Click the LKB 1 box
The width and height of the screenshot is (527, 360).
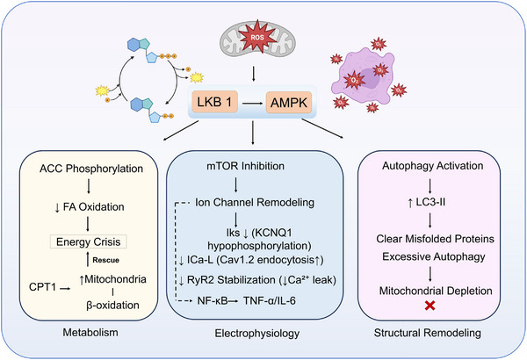(215, 102)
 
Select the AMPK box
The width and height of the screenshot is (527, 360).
(289, 103)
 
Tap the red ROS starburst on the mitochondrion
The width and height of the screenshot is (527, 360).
(257, 37)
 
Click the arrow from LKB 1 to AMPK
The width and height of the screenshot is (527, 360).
(252, 104)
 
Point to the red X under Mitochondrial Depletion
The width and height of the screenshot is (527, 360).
(430, 306)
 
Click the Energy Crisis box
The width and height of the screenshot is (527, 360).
(88, 241)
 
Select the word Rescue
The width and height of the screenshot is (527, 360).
(106, 260)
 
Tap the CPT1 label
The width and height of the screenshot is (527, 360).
(42, 287)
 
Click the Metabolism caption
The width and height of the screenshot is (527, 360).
(90, 333)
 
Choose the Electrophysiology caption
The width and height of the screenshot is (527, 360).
(257, 334)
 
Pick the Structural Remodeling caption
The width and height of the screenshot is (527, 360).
(428, 333)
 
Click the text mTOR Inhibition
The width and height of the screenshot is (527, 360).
(245, 166)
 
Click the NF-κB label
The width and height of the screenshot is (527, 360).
(213, 300)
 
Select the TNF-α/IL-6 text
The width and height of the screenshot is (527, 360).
(270, 300)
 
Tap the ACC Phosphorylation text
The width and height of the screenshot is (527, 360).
(91, 169)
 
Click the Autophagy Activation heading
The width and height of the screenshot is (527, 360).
(433, 166)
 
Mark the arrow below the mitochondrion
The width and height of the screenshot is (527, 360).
(254, 74)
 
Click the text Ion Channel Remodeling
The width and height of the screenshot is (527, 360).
(255, 202)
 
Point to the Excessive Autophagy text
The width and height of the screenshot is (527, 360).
(434, 256)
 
